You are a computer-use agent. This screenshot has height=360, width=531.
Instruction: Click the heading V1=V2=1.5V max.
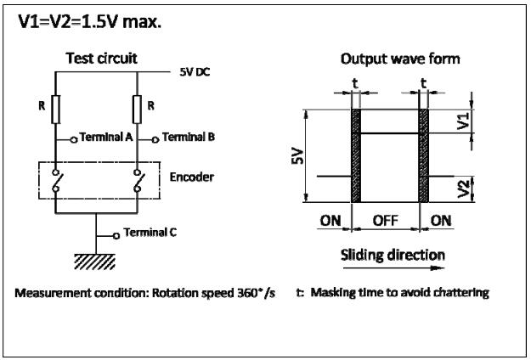click(x=90, y=22)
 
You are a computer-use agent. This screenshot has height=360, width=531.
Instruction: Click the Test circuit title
click(x=102, y=59)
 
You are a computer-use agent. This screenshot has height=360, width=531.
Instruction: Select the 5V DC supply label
click(x=195, y=72)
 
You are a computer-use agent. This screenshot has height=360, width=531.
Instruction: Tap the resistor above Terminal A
click(x=56, y=110)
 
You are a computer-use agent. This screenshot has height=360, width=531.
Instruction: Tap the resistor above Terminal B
click(x=137, y=110)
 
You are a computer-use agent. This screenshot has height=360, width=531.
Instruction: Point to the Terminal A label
click(x=105, y=137)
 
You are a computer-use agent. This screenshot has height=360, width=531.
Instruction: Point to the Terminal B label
click(x=189, y=137)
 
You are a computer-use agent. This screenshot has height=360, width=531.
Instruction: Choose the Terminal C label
click(x=150, y=233)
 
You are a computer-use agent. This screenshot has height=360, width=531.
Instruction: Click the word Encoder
click(x=192, y=177)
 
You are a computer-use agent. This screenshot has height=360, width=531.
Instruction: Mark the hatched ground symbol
click(x=95, y=262)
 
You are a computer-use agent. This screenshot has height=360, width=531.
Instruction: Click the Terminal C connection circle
click(x=116, y=236)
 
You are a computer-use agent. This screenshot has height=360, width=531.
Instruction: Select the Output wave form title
click(x=400, y=59)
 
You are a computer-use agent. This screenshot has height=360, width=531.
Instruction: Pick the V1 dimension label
click(x=463, y=121)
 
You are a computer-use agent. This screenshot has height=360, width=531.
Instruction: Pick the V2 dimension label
click(x=463, y=189)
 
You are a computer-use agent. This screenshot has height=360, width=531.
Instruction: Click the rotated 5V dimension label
click(x=297, y=157)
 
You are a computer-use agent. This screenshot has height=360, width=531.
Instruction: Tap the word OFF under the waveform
click(x=386, y=221)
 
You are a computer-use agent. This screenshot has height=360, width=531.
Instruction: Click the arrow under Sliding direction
click(x=394, y=268)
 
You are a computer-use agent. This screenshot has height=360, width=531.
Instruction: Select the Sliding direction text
click(x=393, y=255)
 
